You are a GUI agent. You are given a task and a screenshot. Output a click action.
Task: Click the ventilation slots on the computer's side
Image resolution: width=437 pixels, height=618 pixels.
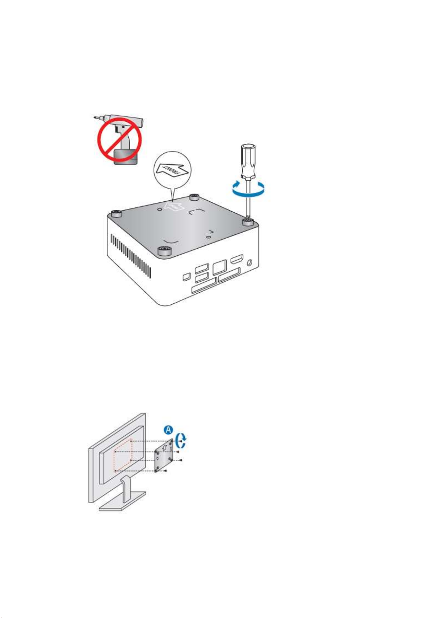pos(131,255)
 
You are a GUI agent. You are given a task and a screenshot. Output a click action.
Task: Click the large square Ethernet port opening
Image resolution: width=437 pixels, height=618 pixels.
pos(219,267)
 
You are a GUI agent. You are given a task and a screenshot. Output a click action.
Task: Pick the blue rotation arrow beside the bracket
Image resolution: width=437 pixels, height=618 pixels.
pos(181,440)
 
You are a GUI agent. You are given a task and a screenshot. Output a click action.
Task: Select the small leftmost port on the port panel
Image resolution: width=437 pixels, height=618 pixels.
pos(187,276)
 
